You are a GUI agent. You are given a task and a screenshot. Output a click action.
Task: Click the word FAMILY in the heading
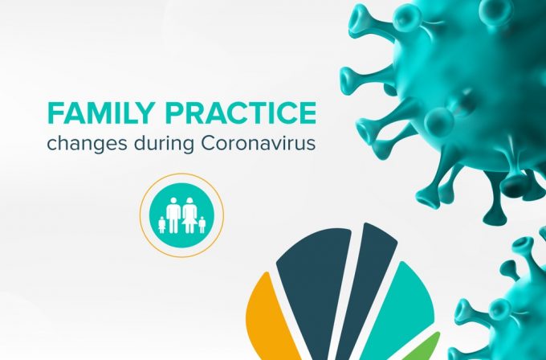coord(100,113)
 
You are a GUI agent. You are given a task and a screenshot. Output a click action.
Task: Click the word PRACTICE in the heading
coord(241,113)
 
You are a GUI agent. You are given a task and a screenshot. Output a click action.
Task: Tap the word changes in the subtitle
coord(87,144)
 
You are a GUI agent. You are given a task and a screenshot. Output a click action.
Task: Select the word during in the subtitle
coord(164,144)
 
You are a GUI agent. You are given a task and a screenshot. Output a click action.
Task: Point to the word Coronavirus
coord(258,143)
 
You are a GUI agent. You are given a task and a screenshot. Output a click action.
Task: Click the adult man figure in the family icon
coord(173,215)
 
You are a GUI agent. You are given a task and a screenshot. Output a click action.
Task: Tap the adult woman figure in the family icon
coord(189,215)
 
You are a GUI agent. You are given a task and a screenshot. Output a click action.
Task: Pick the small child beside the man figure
coord(162,225)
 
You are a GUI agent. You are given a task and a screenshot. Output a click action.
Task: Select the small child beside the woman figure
coord(202,225)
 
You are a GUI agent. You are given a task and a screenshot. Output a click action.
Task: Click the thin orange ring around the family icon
coord(141,215)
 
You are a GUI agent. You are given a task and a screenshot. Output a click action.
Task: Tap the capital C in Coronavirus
coord(208,143)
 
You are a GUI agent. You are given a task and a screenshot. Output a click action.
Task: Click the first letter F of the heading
coord(55,113)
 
